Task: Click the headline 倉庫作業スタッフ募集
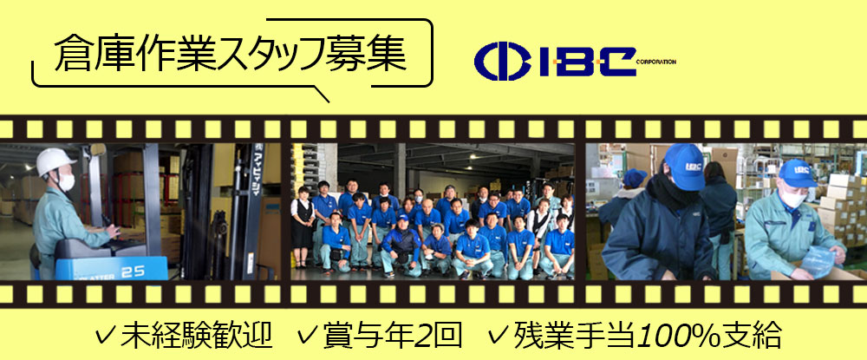point(231,54)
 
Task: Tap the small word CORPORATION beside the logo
point(656,62)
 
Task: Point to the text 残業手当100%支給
point(647,334)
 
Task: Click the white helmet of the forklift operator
point(55,160)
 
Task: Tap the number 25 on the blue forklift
point(133,272)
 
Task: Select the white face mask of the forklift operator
point(67,181)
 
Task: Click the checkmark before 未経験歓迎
point(106,335)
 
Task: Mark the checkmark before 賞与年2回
point(307,335)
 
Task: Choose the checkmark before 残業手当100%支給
point(499,335)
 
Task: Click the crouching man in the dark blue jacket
point(401,245)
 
